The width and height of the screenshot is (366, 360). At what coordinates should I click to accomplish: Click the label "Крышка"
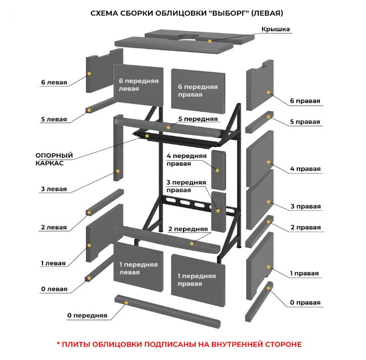click(276, 29)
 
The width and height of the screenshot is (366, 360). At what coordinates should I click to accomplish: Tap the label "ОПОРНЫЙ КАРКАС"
click(54, 159)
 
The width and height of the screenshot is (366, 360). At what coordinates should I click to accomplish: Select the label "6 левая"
click(54, 82)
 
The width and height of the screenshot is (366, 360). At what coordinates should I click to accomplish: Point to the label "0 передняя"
click(87, 316)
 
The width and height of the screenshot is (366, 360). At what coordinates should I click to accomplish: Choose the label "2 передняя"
click(188, 229)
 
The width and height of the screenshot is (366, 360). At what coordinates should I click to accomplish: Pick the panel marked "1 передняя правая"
click(197, 280)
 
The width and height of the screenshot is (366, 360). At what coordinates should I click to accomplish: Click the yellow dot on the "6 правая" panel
click(269, 94)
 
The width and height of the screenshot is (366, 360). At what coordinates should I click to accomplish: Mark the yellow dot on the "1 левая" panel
click(89, 245)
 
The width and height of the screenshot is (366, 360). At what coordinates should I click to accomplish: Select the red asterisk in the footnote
click(58, 344)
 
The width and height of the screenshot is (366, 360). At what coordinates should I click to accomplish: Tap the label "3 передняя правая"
click(186, 186)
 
